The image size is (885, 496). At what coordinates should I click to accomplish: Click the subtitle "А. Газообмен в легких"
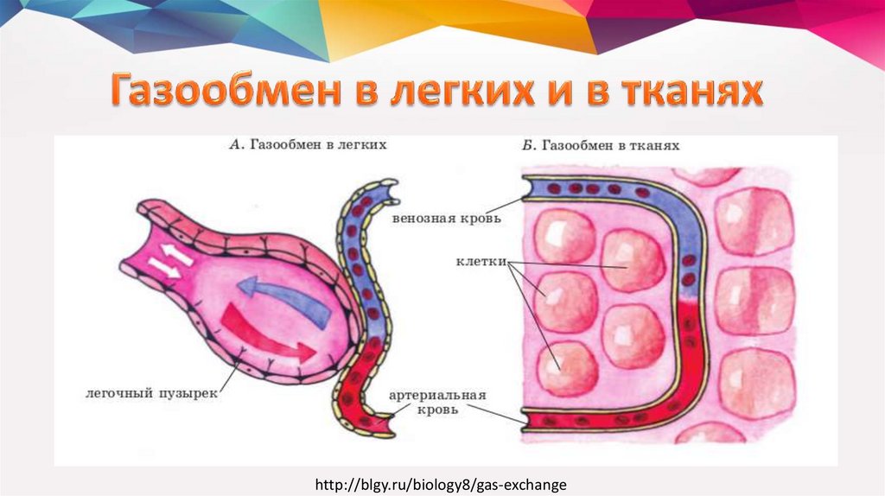(x=307, y=145)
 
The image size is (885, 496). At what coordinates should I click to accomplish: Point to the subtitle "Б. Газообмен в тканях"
(x=601, y=146)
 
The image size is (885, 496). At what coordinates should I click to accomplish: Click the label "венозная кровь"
(x=445, y=218)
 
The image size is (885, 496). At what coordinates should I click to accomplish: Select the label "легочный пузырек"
(x=152, y=391)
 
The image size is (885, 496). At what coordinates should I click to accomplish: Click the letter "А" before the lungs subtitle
(x=234, y=145)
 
